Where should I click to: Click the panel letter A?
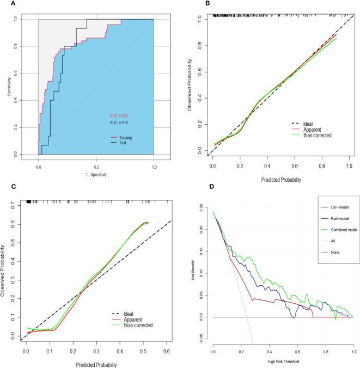click(4, 4)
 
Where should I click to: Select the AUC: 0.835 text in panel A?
click(117, 116)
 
